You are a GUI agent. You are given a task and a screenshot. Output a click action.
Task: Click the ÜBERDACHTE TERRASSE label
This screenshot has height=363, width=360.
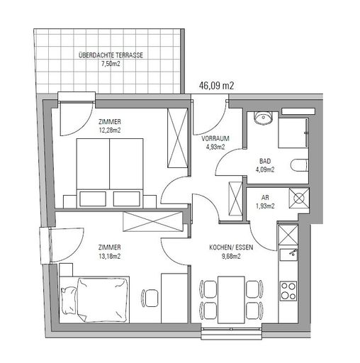pyautogui.click(x=111, y=55)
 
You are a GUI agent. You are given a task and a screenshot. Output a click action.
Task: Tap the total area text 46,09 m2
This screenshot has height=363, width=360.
pyautogui.click(x=216, y=85)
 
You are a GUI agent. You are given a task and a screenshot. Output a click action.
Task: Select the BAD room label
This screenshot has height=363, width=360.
pyautogui.click(x=265, y=161)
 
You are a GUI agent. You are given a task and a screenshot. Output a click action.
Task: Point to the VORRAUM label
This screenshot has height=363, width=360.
pyautogui.click(x=215, y=138)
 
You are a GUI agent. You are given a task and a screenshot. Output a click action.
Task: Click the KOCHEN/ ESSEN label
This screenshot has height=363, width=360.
pyautogui.click(x=231, y=247)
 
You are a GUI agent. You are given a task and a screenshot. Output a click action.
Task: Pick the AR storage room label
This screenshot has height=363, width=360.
pyautogui.click(x=265, y=197)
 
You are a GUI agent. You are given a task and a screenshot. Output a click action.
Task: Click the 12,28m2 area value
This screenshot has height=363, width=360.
pyautogui.click(x=110, y=130)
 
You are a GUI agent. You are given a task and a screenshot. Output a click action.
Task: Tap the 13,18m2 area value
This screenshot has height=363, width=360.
pyautogui.click(x=110, y=256)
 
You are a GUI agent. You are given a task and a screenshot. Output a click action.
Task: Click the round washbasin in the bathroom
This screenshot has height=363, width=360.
pyautogui.click(x=263, y=117)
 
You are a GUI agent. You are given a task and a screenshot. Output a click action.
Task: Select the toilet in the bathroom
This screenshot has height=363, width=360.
pyautogui.click(x=299, y=164)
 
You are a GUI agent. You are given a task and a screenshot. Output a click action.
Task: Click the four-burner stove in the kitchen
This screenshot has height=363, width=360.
pyautogui.click(x=288, y=291)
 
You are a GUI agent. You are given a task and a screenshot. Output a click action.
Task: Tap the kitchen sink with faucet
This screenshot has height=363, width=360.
pyautogui.click(x=288, y=255)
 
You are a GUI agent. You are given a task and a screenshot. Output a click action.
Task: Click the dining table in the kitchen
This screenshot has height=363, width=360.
pyautogui.click(x=231, y=300)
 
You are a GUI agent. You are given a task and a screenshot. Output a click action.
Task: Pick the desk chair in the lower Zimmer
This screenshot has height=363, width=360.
pyautogui.click(x=150, y=298)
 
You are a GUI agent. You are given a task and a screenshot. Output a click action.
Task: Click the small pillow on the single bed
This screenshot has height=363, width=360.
pyautogui.click(x=69, y=300)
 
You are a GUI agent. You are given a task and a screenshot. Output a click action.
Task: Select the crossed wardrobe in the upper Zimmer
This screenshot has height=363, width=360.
pyautogui.click(x=177, y=138)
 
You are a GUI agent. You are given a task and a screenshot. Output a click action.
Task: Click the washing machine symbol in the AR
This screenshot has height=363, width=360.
pyautogui.click(x=299, y=198)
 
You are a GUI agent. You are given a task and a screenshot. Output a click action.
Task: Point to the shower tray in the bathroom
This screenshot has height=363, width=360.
pyautogui.click(x=293, y=133)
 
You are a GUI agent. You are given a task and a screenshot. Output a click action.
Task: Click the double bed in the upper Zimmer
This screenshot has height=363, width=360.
pyautogui.click(x=110, y=173)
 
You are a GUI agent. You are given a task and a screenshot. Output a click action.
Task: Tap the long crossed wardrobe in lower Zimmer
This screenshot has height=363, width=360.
pyautogui.click(x=153, y=221)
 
